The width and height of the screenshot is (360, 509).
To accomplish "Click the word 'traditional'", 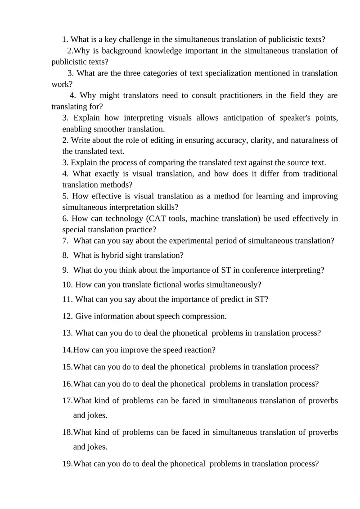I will click(318, 174).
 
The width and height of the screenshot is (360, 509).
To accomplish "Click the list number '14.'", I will click(67, 350).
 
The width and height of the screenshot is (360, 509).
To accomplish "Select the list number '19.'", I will click(67, 464).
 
